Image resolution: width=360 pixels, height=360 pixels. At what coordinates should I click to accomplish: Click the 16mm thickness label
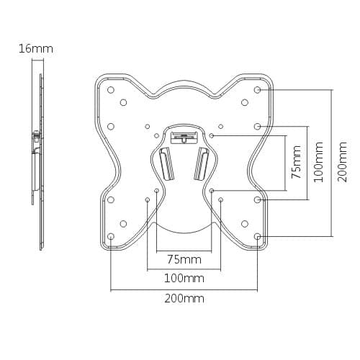click(36, 49)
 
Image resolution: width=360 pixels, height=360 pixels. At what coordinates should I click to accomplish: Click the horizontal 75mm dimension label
click(184, 259)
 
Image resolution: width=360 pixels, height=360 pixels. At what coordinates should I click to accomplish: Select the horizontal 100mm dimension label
click(184, 278)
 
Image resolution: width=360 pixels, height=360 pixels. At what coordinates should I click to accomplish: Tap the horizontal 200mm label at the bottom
click(184, 298)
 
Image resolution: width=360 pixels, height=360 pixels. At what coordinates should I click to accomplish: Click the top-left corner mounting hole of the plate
click(111, 90)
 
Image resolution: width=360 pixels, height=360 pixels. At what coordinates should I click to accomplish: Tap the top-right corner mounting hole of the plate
click(257, 90)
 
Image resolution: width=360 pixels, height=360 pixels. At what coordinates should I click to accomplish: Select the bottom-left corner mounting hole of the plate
click(111, 236)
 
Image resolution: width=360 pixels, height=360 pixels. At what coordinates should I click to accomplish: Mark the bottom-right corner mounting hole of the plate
click(257, 236)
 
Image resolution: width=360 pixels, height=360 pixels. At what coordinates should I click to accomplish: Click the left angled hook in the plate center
click(166, 164)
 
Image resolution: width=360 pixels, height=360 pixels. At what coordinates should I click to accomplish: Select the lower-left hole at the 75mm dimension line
click(156, 191)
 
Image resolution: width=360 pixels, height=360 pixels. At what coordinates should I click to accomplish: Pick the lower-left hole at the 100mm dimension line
click(147, 199)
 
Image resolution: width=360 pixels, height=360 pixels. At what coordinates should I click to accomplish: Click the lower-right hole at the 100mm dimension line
click(220, 199)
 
